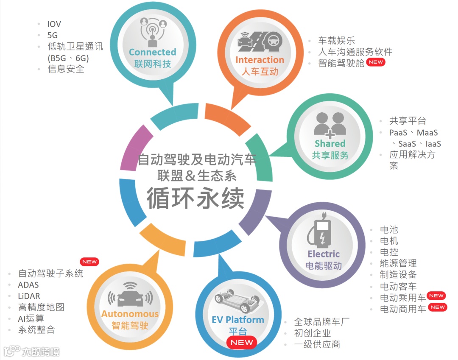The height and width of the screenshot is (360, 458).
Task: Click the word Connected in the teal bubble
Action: pyautogui.click(x=152, y=52)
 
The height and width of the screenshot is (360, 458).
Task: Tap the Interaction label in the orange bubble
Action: pyautogui.click(x=260, y=60)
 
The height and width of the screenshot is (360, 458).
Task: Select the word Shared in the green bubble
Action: pyautogui.click(x=330, y=143)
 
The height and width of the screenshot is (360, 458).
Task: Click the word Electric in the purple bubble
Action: pyautogui.click(x=324, y=254)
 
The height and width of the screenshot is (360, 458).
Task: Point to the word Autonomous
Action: pyautogui.click(x=130, y=314)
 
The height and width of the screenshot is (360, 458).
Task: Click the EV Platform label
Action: pyautogui.click(x=238, y=320)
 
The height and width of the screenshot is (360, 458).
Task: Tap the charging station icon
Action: pyautogui.click(x=322, y=233)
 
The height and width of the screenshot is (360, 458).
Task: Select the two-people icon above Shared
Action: pyautogui.click(x=330, y=124)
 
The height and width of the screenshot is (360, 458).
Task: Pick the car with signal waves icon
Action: pyautogui.click(x=130, y=295)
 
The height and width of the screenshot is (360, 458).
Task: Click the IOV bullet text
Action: pyautogui.click(x=54, y=24)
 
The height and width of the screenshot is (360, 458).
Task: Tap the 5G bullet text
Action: pyautogui.click(x=53, y=35)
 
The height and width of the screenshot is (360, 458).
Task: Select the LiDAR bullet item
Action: pyautogui.click(x=29, y=296)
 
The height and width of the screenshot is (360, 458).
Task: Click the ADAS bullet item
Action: pyautogui.click(x=28, y=285)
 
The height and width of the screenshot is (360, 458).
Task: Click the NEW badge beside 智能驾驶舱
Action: pyautogui.click(x=376, y=62)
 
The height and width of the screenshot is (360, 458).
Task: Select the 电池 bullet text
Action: pyautogui.click(x=389, y=230)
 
